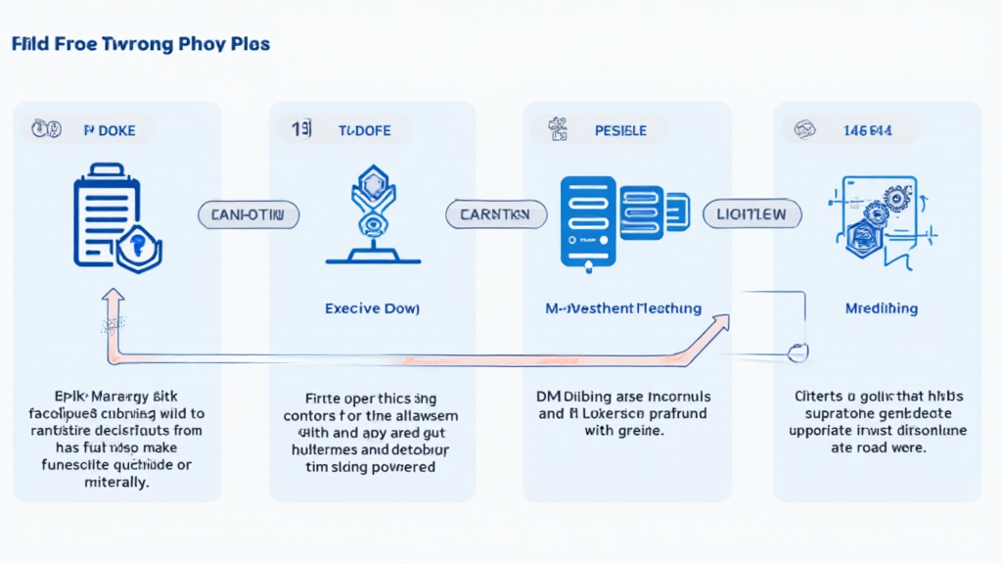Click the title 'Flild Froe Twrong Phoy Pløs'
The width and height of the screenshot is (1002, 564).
click(141, 45)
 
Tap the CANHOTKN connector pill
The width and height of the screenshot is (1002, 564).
click(249, 215)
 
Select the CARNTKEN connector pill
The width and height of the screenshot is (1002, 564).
click(494, 215)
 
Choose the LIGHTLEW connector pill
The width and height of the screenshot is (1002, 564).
click(751, 215)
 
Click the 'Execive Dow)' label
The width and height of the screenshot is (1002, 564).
click(372, 308)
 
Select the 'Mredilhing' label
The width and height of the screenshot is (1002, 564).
click(881, 308)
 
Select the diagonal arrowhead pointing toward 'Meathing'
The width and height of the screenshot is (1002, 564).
click(722, 324)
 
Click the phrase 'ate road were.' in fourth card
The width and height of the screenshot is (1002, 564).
click(878, 447)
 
